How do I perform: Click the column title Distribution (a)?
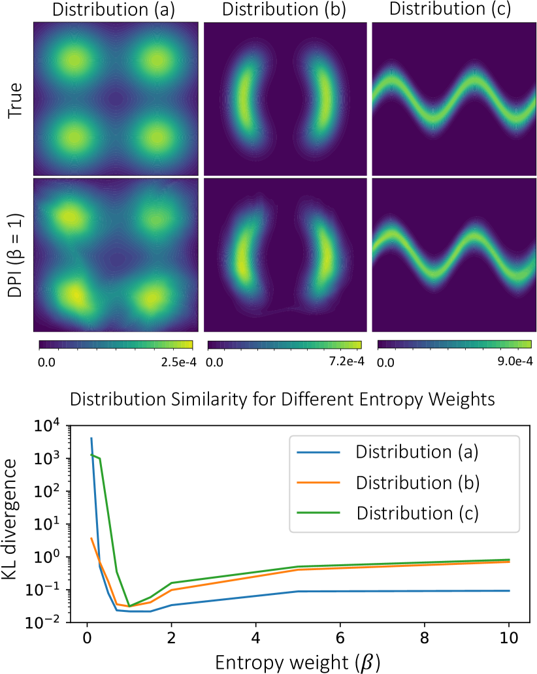point(114,10)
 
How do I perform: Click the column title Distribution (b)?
point(285,10)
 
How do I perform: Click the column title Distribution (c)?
point(453,10)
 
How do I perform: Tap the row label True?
point(14,99)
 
